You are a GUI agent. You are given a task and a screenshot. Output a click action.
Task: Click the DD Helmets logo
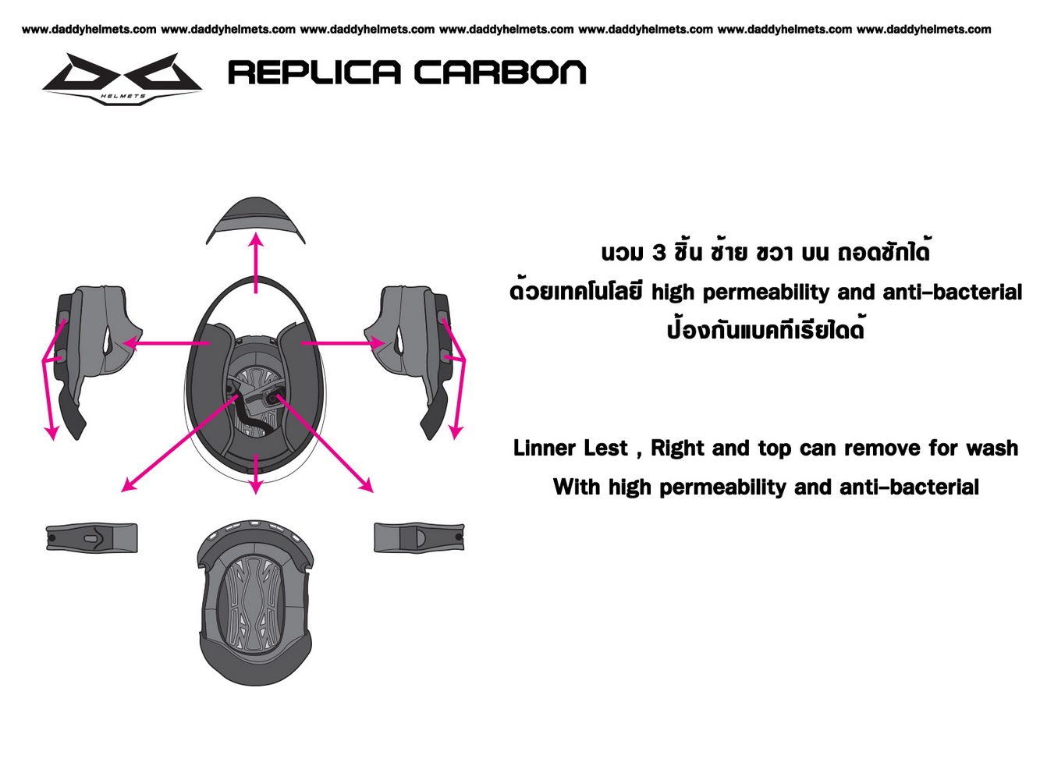(122, 79)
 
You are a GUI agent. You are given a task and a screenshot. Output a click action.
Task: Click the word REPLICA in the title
(314, 73)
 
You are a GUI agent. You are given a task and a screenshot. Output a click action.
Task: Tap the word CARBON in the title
(500, 73)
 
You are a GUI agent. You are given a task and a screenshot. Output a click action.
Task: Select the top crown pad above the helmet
(256, 219)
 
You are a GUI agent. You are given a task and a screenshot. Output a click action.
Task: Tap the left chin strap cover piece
(92, 537)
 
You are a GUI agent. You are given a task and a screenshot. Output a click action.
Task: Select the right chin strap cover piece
(419, 537)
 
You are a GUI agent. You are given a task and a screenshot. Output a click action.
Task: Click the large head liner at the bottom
(255, 601)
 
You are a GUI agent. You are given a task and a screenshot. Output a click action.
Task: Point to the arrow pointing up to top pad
(257, 263)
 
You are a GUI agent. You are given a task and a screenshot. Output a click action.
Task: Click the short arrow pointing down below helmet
(256, 473)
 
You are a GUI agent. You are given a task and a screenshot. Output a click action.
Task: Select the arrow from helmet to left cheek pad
(166, 343)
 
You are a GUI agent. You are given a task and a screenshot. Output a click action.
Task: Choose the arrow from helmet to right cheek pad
(343, 343)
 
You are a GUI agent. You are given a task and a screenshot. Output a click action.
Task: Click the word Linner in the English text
(545, 448)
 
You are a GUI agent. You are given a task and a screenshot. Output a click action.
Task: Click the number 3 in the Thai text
(659, 253)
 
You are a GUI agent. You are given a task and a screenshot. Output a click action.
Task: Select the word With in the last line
(577, 487)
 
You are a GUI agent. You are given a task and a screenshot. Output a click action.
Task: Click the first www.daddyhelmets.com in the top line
(89, 30)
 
